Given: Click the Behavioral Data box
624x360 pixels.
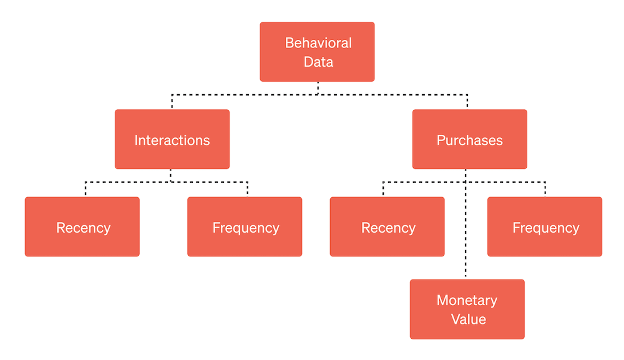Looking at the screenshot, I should tap(317, 52).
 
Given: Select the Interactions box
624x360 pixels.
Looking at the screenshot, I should tap(172, 139).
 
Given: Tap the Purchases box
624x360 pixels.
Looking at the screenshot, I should tap(469, 139).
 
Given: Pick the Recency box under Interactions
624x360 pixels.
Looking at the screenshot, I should tap(82, 226).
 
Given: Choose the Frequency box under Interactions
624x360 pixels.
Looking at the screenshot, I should tap(245, 226).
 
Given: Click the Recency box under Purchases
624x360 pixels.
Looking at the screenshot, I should tap(387, 226).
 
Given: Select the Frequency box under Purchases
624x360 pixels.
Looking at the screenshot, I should tap(545, 226).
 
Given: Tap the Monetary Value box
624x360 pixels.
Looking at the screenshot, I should tap(467, 309).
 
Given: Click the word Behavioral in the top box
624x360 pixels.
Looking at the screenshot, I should tap(318, 43).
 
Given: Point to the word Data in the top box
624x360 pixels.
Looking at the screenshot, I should tap(318, 62).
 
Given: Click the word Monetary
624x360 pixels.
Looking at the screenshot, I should tap(467, 300).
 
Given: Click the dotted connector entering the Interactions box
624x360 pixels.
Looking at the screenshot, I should tap(172, 102).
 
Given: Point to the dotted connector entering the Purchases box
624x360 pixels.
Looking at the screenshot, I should tap(467, 102).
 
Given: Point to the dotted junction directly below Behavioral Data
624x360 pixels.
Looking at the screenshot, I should tap(318, 94).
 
